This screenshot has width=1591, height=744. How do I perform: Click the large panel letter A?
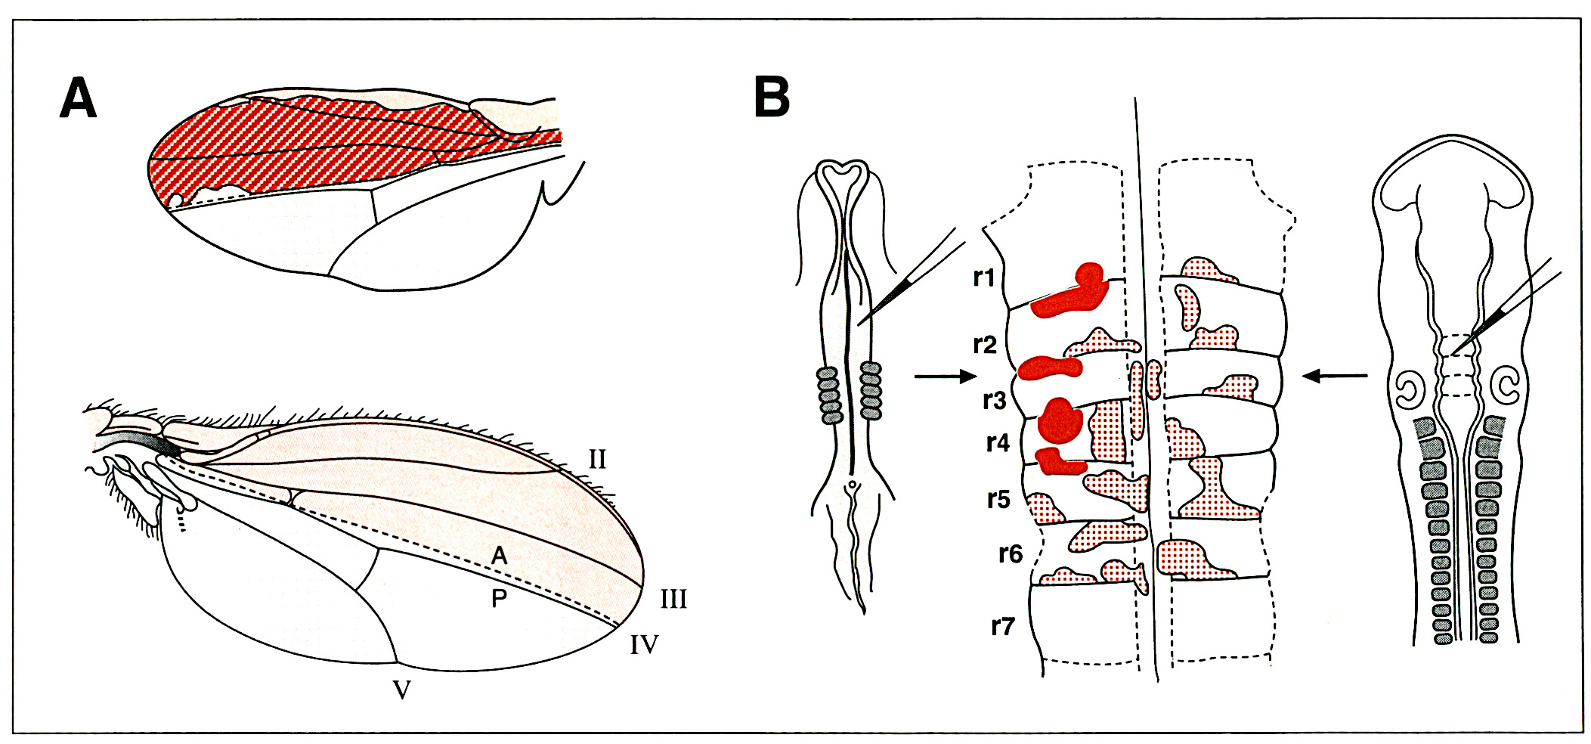pos(79,98)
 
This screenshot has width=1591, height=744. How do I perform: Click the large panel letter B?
pos(772,97)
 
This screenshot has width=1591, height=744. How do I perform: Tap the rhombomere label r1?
pos(983,277)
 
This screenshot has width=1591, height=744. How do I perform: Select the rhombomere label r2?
pos(985,345)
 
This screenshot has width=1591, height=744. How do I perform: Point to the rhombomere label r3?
pos(995,400)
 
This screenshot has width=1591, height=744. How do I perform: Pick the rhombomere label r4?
pos(998,442)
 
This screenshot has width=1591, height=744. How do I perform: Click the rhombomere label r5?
pos(998,499)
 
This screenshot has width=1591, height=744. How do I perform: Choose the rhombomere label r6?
pos(1011,554)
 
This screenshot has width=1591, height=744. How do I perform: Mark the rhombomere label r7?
pos(1003,626)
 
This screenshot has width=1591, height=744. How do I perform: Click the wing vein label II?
pos(597,459)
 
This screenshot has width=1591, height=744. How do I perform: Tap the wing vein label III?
pos(673,600)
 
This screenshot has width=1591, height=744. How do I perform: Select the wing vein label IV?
pos(644,645)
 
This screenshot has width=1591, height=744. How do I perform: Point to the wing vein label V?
pos(402,690)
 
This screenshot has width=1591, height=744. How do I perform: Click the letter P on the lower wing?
pos(499,599)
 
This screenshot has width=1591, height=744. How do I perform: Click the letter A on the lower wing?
pos(499,556)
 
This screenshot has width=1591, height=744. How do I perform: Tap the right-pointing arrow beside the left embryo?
pos(946,376)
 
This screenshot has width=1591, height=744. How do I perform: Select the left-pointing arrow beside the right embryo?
pos(1335,375)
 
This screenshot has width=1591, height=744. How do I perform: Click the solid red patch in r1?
pos(1069,291)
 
